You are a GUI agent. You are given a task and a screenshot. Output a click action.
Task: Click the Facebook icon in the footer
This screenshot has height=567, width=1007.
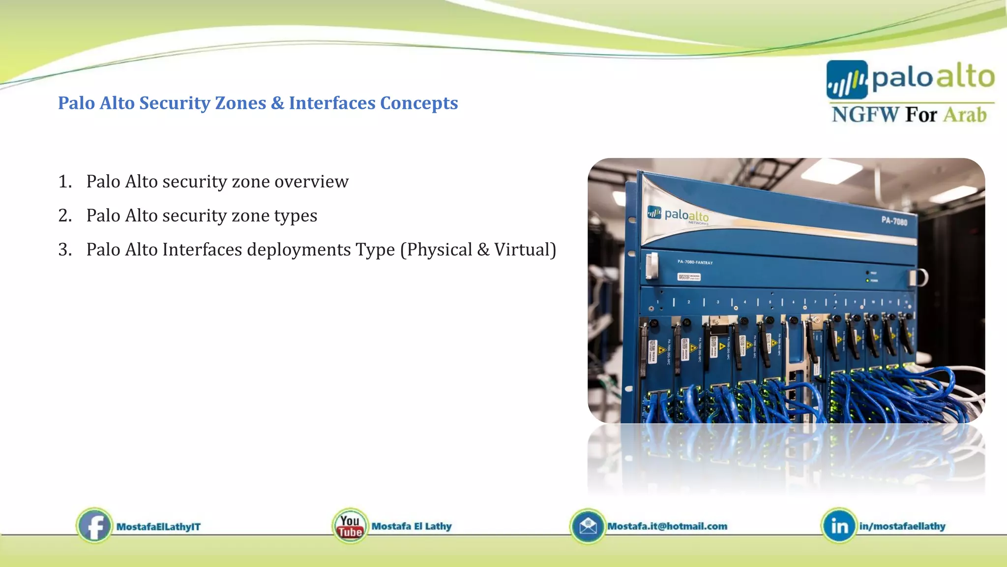click(x=94, y=526)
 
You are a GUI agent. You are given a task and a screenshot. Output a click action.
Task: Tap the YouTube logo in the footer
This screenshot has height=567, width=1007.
click(x=350, y=526)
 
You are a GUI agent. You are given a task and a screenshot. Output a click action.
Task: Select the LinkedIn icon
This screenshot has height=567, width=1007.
click(x=839, y=526)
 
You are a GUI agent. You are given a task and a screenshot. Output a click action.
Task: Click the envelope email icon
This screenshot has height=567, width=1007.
click(x=588, y=526)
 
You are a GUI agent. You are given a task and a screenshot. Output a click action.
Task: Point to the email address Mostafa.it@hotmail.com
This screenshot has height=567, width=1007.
click(x=667, y=526)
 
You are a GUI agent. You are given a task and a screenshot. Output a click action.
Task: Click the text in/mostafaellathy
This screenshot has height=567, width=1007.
click(x=902, y=526)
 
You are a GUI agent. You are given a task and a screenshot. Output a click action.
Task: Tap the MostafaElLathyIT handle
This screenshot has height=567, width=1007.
click(x=158, y=527)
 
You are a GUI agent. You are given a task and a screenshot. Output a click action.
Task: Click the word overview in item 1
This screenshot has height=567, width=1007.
click(x=311, y=182)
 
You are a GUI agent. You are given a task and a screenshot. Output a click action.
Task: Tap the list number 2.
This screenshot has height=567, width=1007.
click(x=64, y=216)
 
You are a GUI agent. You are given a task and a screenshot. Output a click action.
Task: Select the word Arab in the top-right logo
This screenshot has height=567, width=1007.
click(x=965, y=115)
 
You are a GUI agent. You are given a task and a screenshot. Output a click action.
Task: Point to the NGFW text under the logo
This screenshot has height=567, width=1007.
click(x=865, y=115)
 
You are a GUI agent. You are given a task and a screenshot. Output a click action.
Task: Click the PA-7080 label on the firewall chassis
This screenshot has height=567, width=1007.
click(x=894, y=221)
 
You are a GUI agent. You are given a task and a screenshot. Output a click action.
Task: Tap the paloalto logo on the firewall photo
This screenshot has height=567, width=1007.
click(x=679, y=215)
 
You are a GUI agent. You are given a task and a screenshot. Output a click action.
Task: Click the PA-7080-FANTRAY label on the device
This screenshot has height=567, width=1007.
click(x=695, y=262)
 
